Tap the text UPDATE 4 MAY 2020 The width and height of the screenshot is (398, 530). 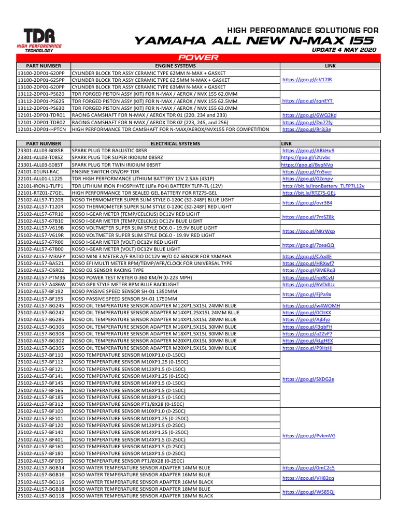point(345,50)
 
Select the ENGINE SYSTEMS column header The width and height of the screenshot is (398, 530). point(175,66)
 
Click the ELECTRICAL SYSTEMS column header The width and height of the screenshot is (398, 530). point(175,143)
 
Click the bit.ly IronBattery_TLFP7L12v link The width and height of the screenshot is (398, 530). point(323,185)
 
